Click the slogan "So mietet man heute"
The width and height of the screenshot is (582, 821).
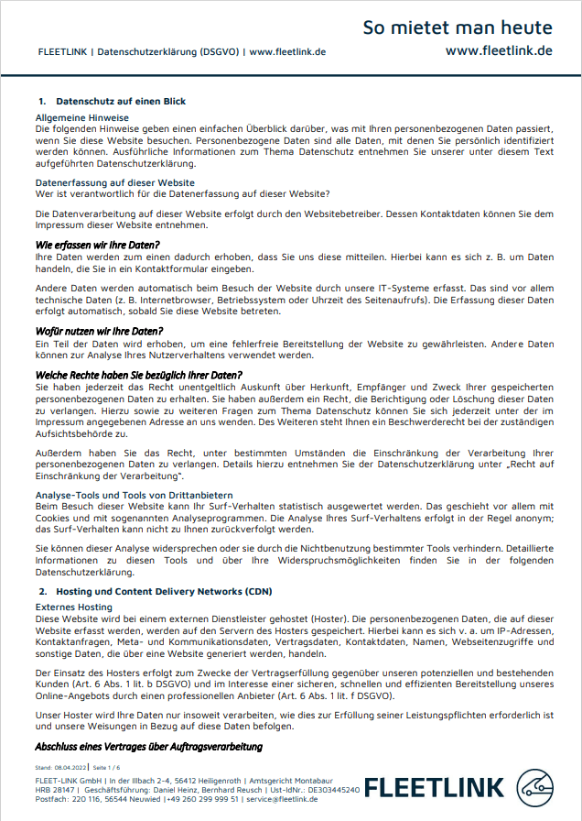pyautogui.click(x=457, y=27)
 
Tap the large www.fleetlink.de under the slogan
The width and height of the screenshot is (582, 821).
pyautogui.click(x=498, y=50)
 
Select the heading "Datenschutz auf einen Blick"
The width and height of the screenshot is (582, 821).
pyautogui.click(x=121, y=101)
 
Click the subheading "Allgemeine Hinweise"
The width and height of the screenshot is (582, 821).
pyautogui.click(x=81, y=118)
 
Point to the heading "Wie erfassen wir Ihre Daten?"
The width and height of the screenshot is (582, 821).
pyautogui.click(x=97, y=245)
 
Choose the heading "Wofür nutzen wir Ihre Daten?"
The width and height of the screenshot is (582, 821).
pyautogui.click(x=99, y=331)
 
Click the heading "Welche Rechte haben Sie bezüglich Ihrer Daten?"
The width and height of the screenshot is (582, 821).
pyautogui.click(x=138, y=375)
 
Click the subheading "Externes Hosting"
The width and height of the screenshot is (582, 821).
pyautogui.click(x=74, y=607)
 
